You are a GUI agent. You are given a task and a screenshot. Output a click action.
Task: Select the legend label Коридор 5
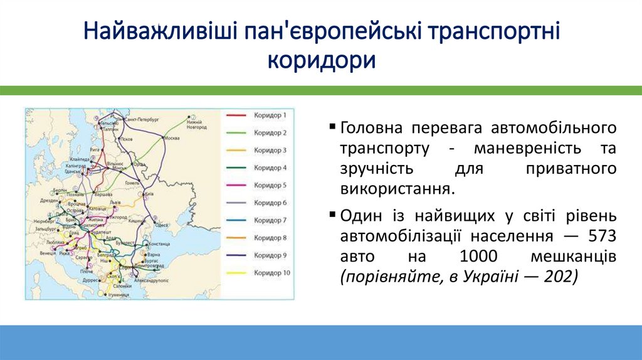click(270, 186)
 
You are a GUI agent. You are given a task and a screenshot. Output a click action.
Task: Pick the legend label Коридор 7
click(270, 221)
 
